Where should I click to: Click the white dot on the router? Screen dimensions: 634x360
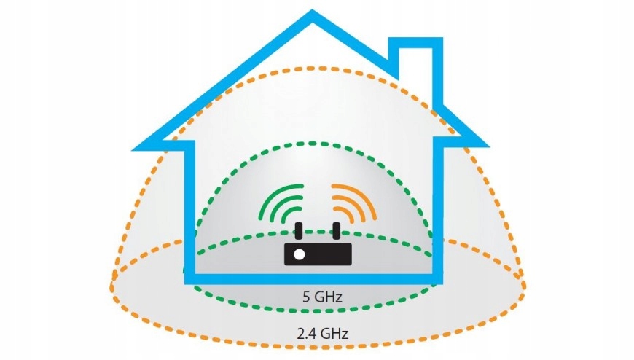299,254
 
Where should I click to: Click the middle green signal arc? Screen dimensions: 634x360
278,203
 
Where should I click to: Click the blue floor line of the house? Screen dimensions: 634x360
313,277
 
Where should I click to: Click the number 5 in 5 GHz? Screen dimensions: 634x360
305,297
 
